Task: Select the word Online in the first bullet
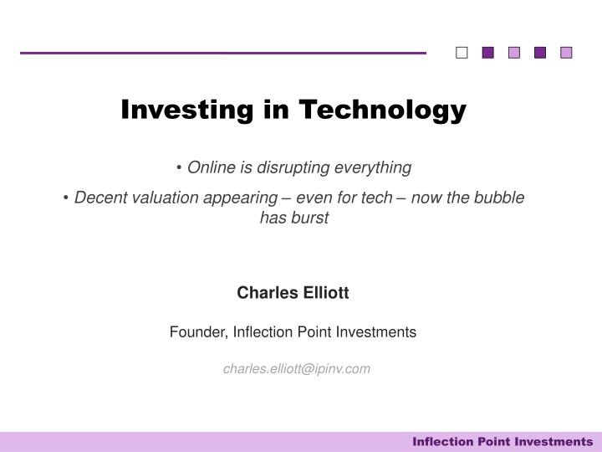click(x=212, y=168)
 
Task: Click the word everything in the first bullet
click(x=373, y=168)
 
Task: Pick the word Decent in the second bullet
click(x=98, y=198)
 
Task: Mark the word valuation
click(x=161, y=198)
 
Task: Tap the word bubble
click(x=499, y=198)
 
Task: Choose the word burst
click(x=310, y=218)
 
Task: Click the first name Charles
click(x=265, y=293)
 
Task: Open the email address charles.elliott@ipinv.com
click(x=296, y=369)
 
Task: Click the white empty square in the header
click(x=462, y=53)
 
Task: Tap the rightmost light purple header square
click(x=566, y=53)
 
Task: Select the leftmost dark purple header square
click(x=488, y=53)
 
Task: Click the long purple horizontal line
click(x=222, y=53)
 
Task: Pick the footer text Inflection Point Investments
click(x=503, y=441)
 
